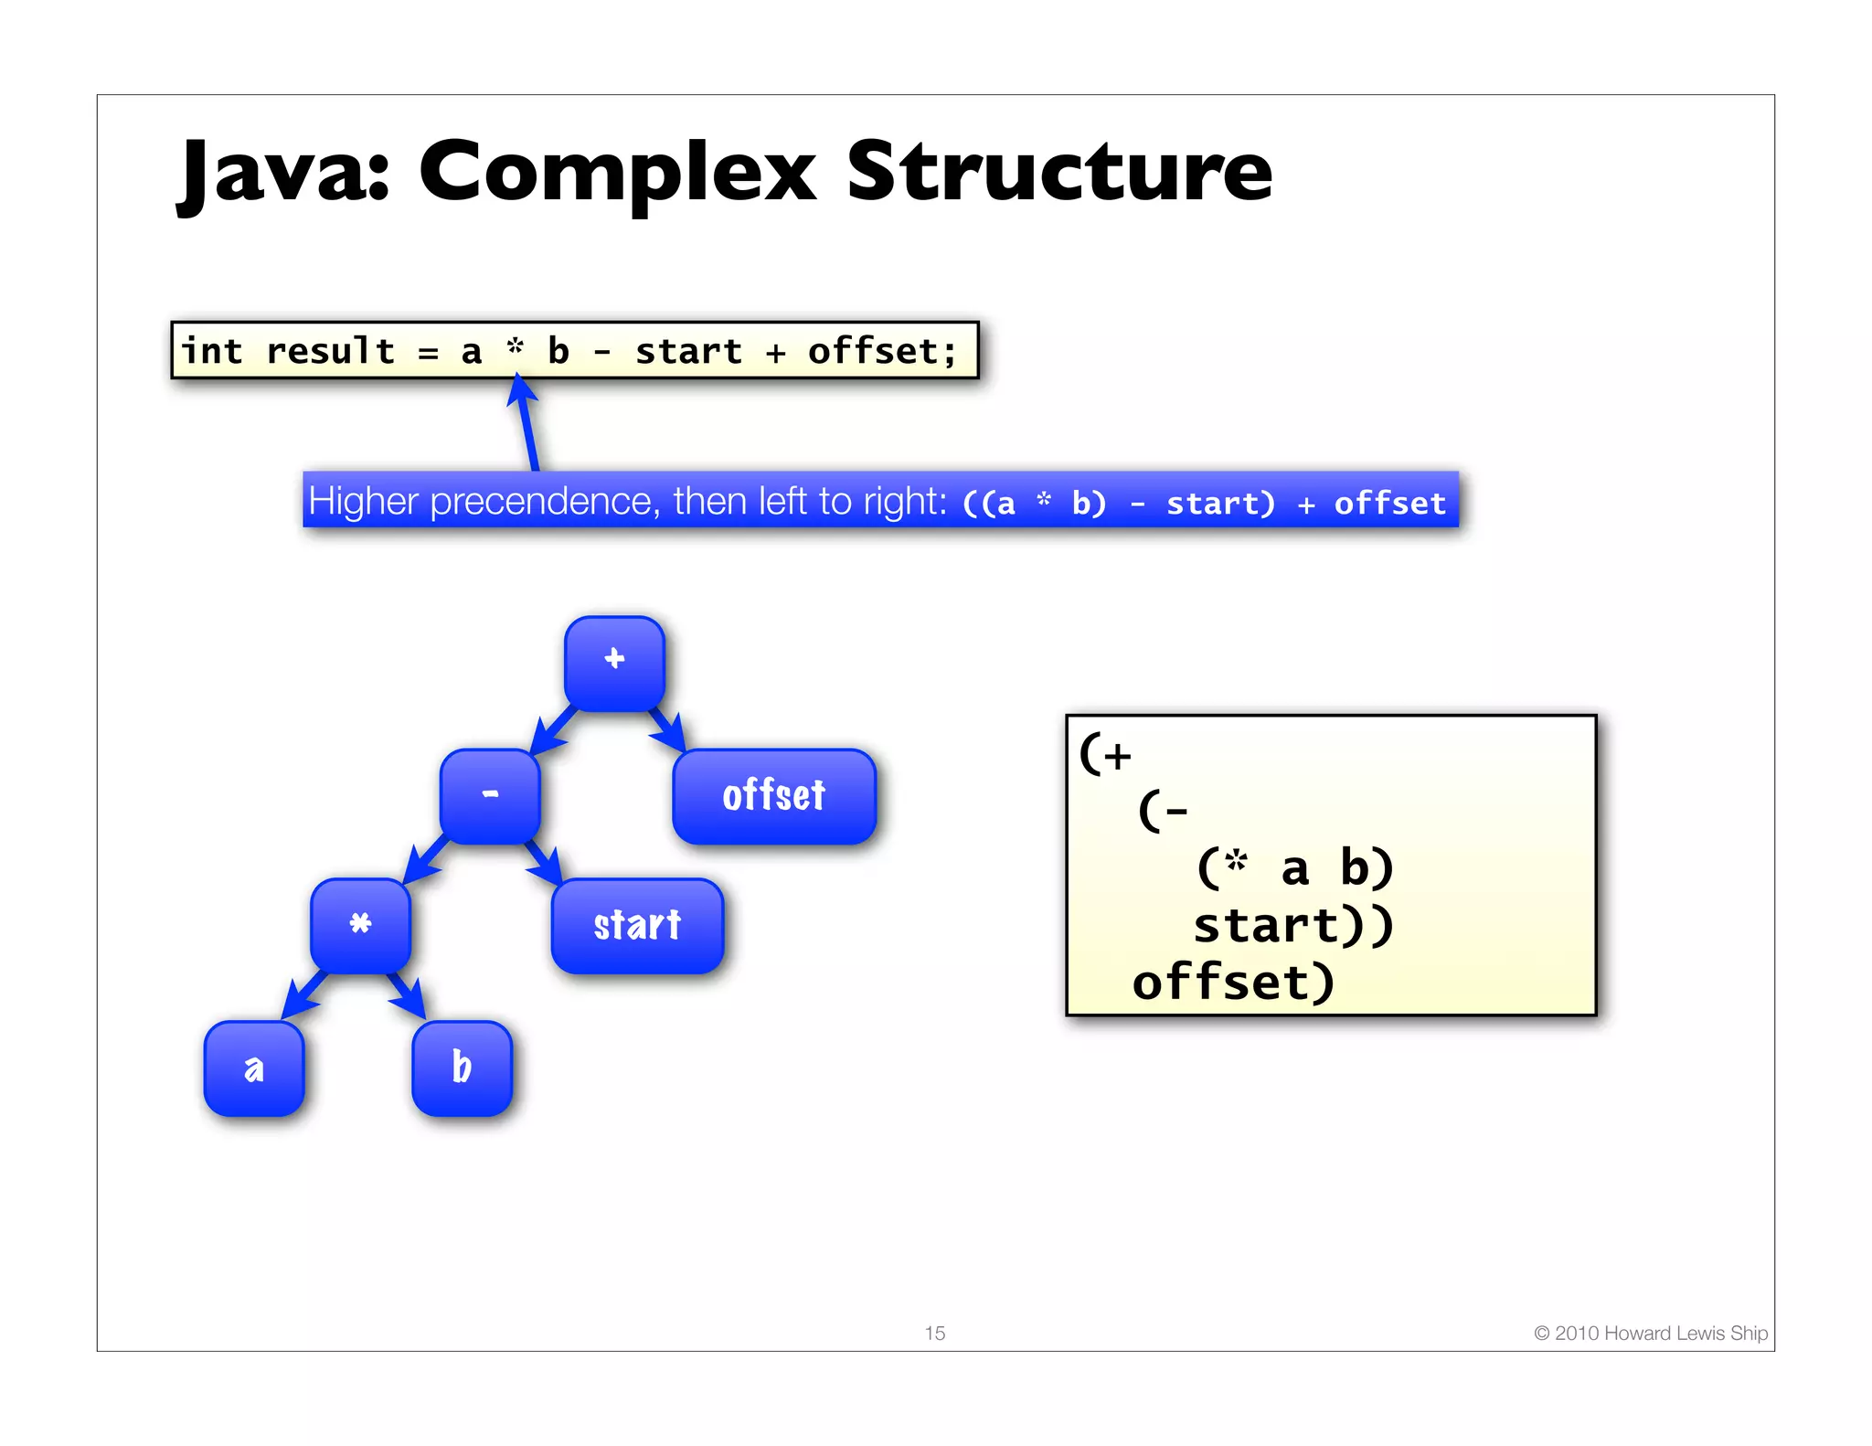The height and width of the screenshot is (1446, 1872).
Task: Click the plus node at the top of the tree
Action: [614, 662]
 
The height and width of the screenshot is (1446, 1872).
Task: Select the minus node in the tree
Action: [491, 794]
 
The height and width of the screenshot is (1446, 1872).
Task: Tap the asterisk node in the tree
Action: [361, 924]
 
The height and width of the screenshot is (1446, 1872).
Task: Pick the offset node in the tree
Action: [774, 795]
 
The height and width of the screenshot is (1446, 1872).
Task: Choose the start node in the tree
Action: [637, 925]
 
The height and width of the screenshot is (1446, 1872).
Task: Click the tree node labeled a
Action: [254, 1068]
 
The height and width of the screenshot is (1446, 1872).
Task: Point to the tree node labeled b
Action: [463, 1068]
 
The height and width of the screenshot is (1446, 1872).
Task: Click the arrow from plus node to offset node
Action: [668, 728]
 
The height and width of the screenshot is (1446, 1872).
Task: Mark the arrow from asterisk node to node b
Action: [407, 995]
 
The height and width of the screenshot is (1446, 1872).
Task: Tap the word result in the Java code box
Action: [330, 351]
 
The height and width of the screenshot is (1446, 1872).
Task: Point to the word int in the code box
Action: [212, 351]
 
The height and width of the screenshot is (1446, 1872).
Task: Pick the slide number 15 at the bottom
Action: [934, 1333]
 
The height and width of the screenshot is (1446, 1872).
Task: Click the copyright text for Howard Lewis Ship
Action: [1650, 1333]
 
